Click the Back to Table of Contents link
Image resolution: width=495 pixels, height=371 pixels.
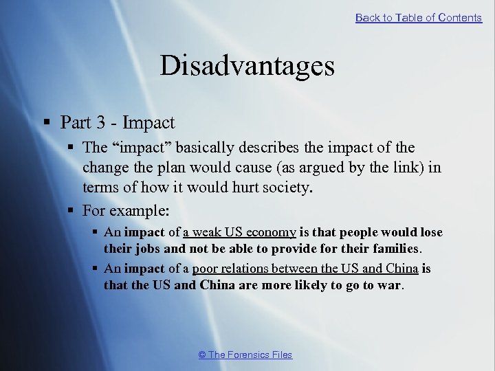point(418,18)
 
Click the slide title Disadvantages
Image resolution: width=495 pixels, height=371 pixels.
point(247,66)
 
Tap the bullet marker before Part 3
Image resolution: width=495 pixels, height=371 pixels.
point(46,123)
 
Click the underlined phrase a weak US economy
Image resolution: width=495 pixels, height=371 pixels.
point(239,232)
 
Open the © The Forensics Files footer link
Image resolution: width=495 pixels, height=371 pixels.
point(245,355)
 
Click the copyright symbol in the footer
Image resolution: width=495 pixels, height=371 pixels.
point(202,355)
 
